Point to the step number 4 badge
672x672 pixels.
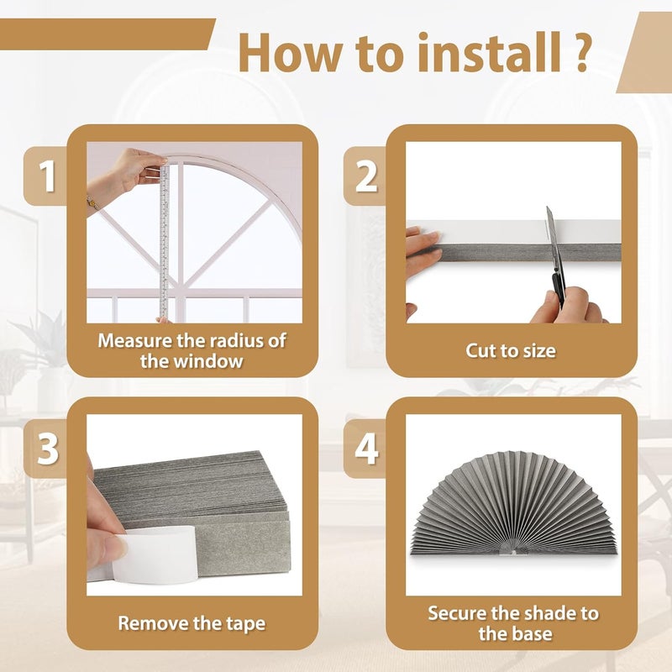pyautogui.click(x=366, y=449)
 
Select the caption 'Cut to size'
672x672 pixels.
pyautogui.click(x=511, y=350)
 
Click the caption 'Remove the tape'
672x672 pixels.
pyautogui.click(x=192, y=623)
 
